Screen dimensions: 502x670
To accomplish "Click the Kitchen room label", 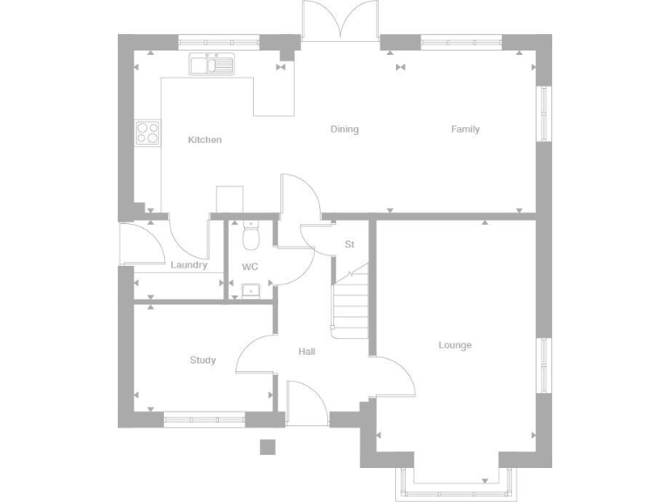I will click(x=205, y=139).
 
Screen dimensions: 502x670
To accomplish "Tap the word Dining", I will click(x=345, y=129).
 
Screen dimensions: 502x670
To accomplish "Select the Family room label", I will click(x=465, y=129).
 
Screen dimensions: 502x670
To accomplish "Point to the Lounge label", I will click(x=455, y=345).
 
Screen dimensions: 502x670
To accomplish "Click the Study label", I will click(x=202, y=360).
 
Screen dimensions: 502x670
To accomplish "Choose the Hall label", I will click(x=307, y=351).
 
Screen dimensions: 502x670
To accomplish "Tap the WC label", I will click(x=250, y=266).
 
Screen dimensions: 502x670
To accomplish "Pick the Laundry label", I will click(x=189, y=265).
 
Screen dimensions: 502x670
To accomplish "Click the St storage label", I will click(x=350, y=244).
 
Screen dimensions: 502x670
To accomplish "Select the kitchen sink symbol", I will click(x=211, y=64).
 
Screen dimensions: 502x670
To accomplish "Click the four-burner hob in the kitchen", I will click(x=147, y=132).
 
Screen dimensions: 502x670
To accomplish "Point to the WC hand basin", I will click(x=251, y=290).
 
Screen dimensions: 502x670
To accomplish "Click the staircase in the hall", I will click(x=351, y=305).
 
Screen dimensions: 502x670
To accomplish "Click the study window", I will click(x=204, y=417).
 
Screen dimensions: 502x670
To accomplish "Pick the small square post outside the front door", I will click(x=268, y=447).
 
